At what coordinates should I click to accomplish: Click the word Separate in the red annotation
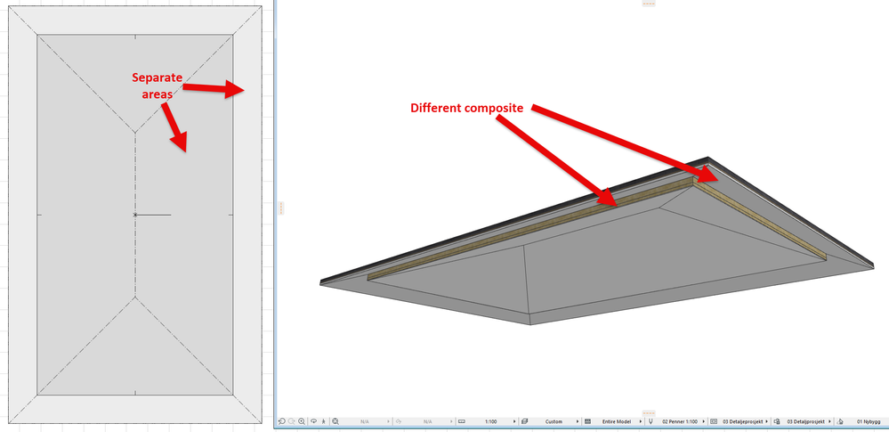coord(158,77)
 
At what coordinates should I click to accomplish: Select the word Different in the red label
coord(440,108)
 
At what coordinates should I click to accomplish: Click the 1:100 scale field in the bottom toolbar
coord(490,420)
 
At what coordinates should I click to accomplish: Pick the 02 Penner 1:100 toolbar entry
coord(679,420)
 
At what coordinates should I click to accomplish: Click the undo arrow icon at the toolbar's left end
coord(282,420)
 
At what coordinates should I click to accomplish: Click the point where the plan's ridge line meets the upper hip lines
coord(135,133)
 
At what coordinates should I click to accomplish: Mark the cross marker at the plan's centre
coord(135,215)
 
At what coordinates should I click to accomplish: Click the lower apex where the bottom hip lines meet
coord(135,298)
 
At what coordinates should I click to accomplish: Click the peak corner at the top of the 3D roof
coord(708,158)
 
